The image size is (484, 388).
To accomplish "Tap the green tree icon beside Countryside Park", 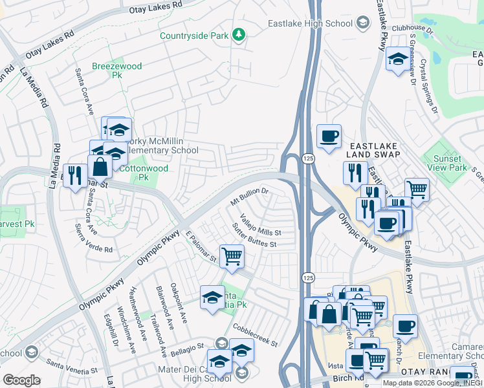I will (x=239, y=34).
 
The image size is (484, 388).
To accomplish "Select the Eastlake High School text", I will (x=311, y=24).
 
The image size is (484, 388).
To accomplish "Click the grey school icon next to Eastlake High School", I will (x=362, y=24).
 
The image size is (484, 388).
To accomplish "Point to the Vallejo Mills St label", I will (x=260, y=225).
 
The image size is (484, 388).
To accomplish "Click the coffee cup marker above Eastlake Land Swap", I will (x=329, y=136).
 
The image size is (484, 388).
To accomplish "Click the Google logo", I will (x=21, y=380).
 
